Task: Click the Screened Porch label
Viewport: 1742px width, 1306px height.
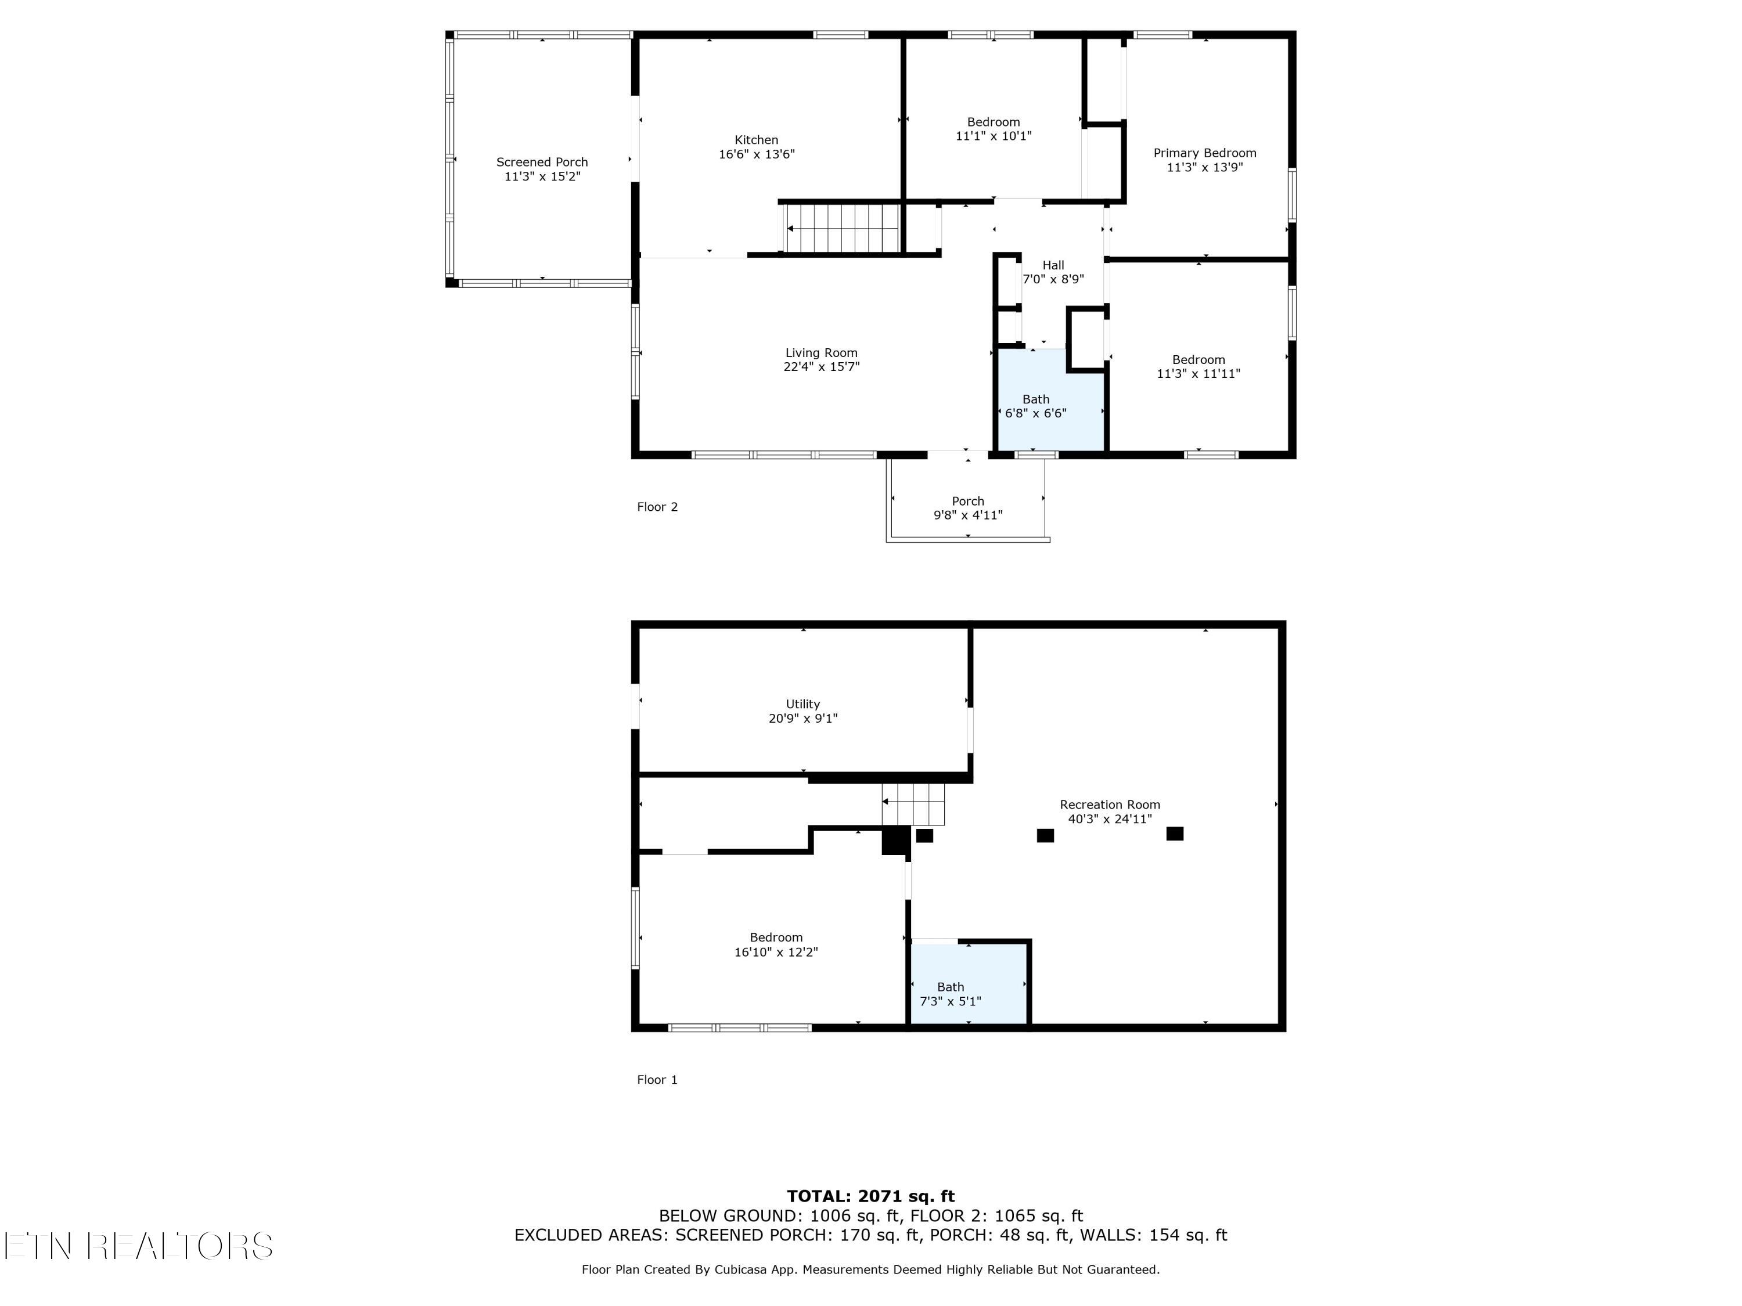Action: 542,162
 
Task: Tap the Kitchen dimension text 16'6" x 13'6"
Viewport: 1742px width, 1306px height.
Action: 756,154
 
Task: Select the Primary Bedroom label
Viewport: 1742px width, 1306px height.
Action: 1204,153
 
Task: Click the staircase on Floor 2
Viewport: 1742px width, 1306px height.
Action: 843,228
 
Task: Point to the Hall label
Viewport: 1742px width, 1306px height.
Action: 1053,265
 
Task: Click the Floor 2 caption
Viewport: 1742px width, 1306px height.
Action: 657,507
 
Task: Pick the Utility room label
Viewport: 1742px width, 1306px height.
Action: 802,703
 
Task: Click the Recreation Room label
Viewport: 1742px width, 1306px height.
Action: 1109,804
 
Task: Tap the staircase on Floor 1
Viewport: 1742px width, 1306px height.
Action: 913,804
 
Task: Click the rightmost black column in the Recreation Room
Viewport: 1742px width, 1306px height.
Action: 1174,834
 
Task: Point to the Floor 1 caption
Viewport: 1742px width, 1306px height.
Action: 657,1080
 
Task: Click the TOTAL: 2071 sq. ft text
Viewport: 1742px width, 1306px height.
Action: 870,1196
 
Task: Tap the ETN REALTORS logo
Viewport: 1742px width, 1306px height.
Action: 138,1246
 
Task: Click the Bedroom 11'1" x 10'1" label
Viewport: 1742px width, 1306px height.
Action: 993,122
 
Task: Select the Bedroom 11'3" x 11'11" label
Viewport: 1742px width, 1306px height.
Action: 1198,360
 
